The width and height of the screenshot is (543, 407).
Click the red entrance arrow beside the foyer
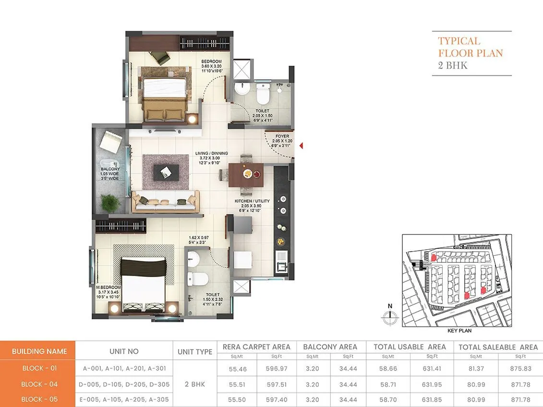[301, 146]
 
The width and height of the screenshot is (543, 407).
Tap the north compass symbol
[390, 315]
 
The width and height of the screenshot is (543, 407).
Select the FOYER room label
[282, 136]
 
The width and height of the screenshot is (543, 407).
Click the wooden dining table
[246, 174]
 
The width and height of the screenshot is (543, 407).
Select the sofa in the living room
[166, 201]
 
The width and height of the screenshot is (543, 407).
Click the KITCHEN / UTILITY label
[252, 201]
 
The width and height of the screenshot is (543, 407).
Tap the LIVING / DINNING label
[211, 154]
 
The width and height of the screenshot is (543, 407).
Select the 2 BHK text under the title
[453, 66]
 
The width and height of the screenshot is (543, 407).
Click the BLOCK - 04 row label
[39, 384]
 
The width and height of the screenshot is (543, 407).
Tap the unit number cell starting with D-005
[124, 384]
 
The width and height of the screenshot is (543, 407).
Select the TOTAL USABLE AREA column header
[410, 347]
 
